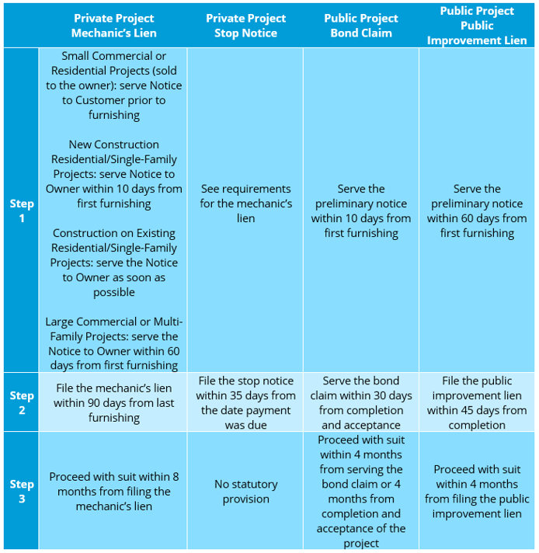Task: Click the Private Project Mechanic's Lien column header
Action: (x=113, y=26)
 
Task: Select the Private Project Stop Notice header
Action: (x=245, y=26)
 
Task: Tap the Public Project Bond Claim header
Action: (x=361, y=26)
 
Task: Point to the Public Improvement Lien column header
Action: (x=477, y=26)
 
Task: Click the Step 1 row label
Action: (x=22, y=210)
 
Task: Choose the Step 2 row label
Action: (x=22, y=402)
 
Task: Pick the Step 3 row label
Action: (x=22, y=491)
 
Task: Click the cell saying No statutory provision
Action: (x=246, y=492)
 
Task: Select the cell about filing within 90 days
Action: (x=113, y=403)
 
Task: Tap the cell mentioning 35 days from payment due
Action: (x=245, y=403)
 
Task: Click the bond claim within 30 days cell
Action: (x=361, y=403)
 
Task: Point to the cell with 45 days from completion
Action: (x=477, y=403)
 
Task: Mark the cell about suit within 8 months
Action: (x=113, y=492)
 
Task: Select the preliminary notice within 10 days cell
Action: (x=361, y=211)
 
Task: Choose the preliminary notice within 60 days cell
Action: (x=477, y=211)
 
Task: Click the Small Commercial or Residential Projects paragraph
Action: (x=113, y=85)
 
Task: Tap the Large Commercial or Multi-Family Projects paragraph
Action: (x=113, y=343)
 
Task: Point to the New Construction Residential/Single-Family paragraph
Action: (x=113, y=174)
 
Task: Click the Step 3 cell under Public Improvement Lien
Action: (x=477, y=492)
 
